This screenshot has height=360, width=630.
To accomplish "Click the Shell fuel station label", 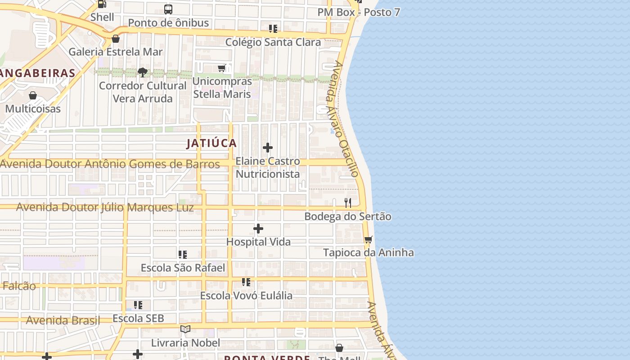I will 102,17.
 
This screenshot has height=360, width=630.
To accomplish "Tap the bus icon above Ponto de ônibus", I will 168,9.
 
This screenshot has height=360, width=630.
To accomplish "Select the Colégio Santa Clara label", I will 273,42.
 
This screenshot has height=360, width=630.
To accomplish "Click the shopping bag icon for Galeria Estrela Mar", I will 116,39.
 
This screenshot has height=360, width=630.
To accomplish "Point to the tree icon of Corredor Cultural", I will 143,72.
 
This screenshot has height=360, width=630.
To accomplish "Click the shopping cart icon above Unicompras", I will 221,68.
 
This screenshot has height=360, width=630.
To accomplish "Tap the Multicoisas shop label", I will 33,108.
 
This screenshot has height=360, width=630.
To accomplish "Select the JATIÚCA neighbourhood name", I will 211,143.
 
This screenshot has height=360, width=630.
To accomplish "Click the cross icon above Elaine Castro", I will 268,148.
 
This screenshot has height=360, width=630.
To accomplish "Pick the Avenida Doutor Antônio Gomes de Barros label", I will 110,164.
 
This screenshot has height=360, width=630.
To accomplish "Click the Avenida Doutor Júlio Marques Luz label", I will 105,207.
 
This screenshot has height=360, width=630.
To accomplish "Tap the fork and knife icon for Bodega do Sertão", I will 348,203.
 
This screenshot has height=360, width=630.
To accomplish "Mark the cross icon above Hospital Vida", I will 258,229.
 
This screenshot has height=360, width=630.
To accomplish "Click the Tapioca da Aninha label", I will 369,252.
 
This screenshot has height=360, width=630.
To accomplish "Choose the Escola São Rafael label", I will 183,268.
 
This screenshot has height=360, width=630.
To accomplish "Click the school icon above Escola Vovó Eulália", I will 246,282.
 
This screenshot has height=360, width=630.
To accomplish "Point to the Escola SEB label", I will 138,319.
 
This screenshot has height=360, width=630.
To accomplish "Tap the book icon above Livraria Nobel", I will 185,329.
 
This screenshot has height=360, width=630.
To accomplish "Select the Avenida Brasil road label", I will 63,320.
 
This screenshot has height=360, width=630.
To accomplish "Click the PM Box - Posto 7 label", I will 359,12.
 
